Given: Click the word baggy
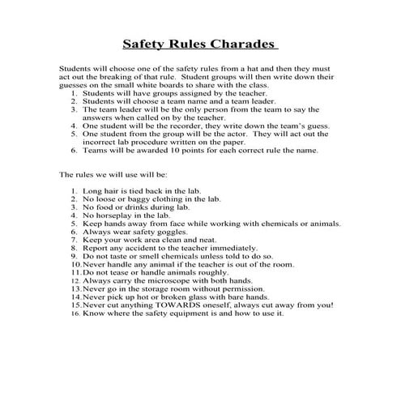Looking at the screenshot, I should coord(139,198).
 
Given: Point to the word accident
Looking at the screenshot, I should coord(124,248).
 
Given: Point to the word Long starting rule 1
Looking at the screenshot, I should coord(92,190).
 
